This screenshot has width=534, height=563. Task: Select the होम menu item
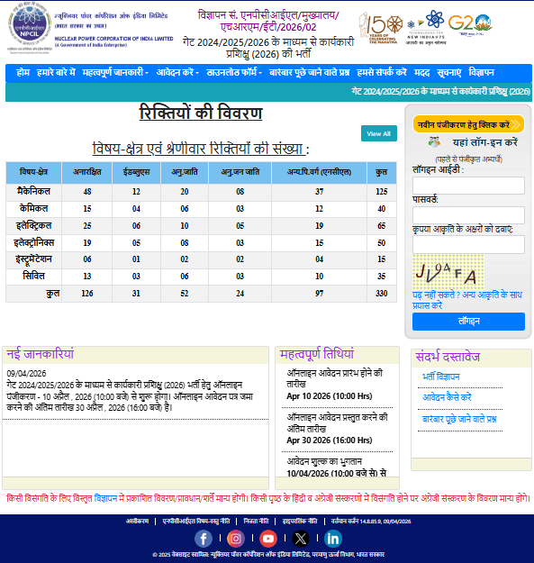[23, 72]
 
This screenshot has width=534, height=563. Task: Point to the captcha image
[448, 270]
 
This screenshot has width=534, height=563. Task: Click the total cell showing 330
[382, 294]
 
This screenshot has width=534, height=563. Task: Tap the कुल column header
[382, 171]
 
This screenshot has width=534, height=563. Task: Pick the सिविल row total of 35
[382, 277]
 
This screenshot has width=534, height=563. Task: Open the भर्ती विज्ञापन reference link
[441, 377]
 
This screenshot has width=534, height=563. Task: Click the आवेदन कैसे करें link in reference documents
[447, 397]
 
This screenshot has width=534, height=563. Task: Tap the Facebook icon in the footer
[204, 539]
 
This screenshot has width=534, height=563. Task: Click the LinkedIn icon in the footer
[333, 539]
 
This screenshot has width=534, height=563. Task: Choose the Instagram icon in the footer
[236, 539]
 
